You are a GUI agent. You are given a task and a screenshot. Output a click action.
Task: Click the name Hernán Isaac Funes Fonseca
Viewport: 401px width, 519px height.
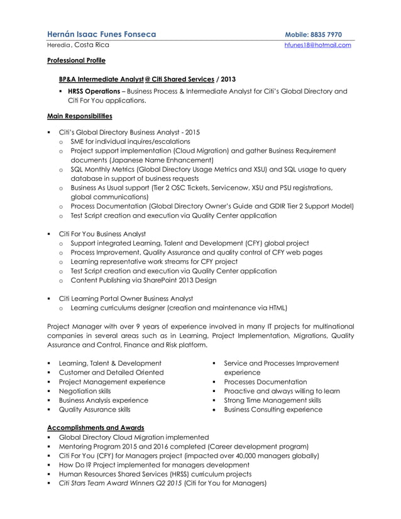pyautogui.click(x=101, y=35)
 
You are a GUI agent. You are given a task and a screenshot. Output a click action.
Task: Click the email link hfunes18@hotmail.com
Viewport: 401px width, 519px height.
pyautogui.click(x=317, y=45)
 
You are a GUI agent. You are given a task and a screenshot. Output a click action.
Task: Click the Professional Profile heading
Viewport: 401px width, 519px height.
pyautogui.click(x=76, y=61)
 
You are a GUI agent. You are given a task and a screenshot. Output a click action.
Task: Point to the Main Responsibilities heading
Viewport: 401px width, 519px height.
pyautogui.click(x=80, y=116)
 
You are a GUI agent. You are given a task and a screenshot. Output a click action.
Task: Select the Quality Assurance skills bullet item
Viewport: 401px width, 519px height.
pyautogui.click(x=94, y=409)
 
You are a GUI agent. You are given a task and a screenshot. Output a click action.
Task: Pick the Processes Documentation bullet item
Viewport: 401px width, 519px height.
pyautogui.click(x=265, y=381)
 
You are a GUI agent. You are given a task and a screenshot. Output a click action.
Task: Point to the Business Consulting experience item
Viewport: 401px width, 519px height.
pyautogui.click(x=273, y=409)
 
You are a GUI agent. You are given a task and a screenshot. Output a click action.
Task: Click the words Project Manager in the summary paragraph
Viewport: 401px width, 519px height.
pyautogui.click(x=74, y=326)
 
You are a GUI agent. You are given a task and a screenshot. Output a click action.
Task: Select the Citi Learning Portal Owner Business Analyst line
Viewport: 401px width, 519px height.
pyautogui.click(x=126, y=298)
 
